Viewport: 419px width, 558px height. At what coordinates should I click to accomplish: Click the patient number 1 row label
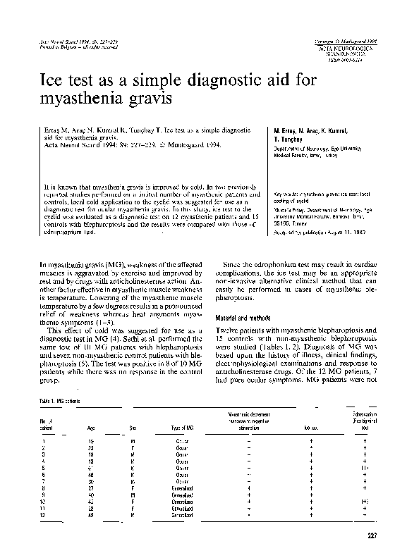[44, 440]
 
